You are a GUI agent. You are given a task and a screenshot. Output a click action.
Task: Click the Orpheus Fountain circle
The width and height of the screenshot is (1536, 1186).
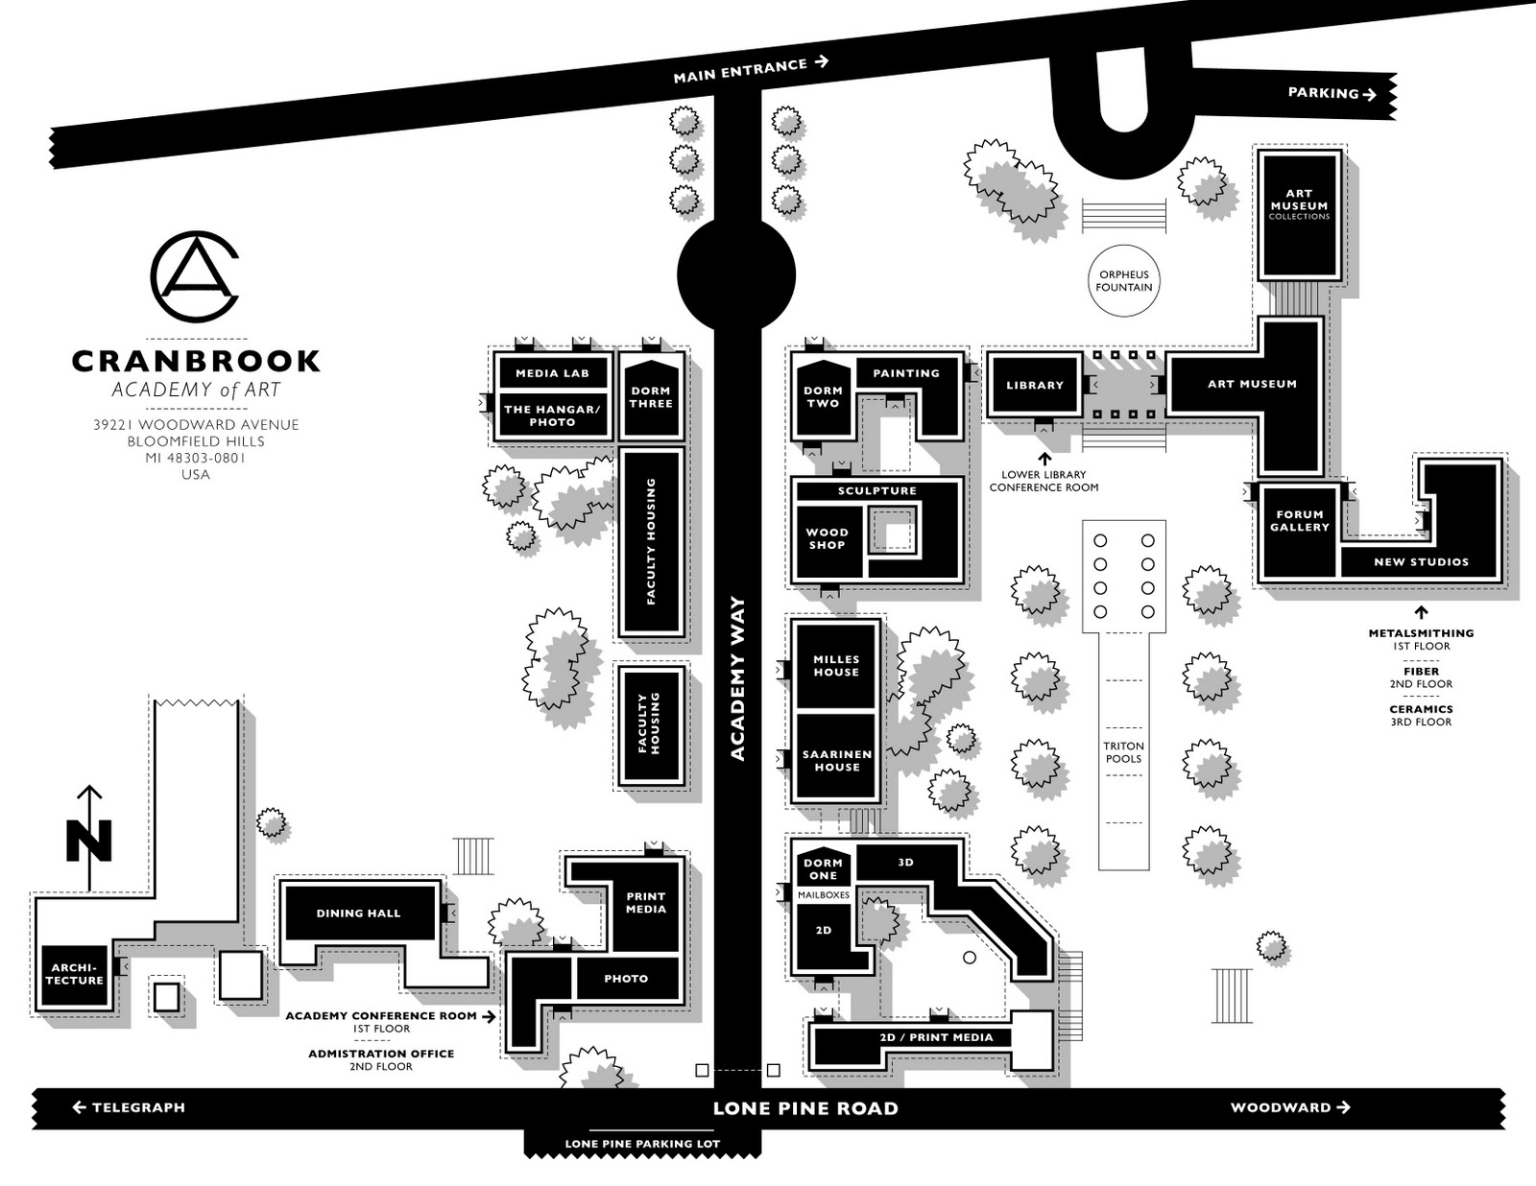point(1124,280)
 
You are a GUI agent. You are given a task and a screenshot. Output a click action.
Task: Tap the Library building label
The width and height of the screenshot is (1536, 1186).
point(1035,385)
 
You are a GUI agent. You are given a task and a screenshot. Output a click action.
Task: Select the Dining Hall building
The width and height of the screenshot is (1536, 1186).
point(358,913)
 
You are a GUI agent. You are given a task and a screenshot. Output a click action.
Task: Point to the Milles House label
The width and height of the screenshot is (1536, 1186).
point(836,666)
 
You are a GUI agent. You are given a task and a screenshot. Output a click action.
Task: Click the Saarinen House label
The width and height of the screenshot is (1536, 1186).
point(837,761)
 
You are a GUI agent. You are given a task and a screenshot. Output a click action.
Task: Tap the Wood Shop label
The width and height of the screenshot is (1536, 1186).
point(827,538)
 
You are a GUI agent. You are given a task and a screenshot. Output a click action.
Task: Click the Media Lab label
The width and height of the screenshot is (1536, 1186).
point(552,373)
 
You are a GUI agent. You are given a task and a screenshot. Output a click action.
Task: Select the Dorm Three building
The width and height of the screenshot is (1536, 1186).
point(651,397)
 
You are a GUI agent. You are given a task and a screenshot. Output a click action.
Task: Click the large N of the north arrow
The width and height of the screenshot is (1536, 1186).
point(89,841)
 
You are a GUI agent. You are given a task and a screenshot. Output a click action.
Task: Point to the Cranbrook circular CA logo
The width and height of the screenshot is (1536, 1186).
point(195,275)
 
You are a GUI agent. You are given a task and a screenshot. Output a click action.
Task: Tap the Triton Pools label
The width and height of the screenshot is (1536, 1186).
point(1123,752)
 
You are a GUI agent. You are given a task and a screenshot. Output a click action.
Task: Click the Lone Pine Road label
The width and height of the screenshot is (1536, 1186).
point(805,1109)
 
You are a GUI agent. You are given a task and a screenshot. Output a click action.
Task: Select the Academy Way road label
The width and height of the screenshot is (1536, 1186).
point(737,678)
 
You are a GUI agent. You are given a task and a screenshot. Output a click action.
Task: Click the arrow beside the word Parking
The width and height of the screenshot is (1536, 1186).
point(1370,94)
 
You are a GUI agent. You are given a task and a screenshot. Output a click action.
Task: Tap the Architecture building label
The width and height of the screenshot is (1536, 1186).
point(74,974)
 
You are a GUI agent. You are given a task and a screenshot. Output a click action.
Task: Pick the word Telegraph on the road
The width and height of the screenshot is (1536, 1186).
point(138,1107)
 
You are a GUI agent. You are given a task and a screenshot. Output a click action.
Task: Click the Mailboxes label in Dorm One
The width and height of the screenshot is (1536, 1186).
point(824,894)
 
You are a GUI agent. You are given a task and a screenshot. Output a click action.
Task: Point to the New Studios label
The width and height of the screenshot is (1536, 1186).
point(1421,562)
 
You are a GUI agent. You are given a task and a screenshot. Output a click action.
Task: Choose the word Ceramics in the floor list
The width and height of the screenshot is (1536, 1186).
point(1421,709)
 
